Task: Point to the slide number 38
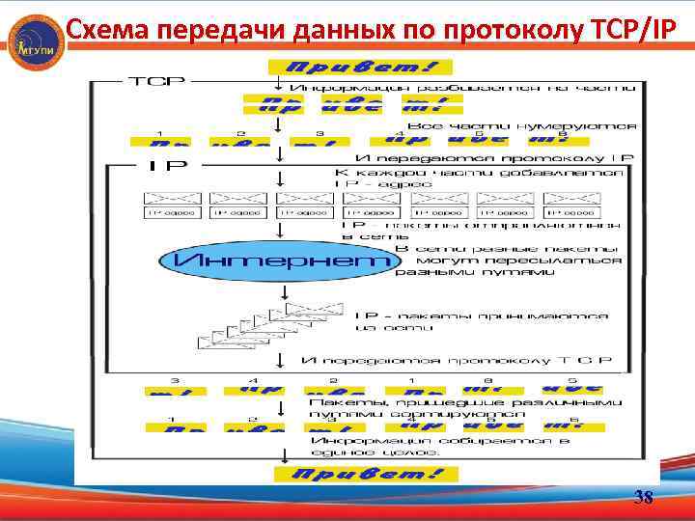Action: tap(643, 499)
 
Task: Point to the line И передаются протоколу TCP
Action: tap(457, 360)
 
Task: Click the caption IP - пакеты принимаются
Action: tap(483, 315)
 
